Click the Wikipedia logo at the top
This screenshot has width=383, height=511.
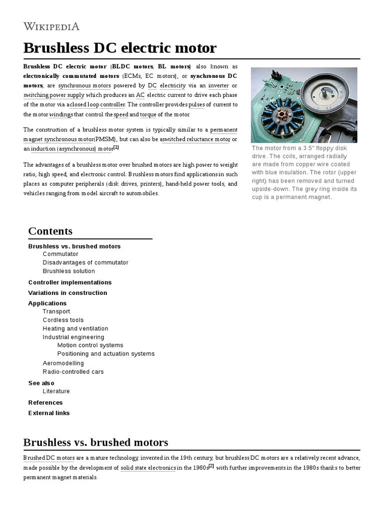click(x=51, y=26)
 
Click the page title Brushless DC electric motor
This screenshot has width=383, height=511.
click(x=120, y=48)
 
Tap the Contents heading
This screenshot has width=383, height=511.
click(x=50, y=231)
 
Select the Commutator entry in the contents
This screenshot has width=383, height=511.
click(x=60, y=254)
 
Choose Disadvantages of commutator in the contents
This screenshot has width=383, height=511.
click(x=85, y=262)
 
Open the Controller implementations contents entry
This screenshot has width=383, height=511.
click(x=70, y=282)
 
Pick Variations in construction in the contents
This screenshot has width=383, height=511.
click(x=68, y=293)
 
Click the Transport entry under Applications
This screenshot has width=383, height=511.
click(x=56, y=311)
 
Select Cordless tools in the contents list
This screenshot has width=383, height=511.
click(x=63, y=320)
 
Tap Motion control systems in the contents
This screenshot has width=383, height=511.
click(x=90, y=345)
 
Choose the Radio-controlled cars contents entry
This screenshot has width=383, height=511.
click(x=73, y=372)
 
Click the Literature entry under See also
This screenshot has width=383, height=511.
click(x=56, y=391)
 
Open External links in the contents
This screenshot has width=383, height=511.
click(x=49, y=413)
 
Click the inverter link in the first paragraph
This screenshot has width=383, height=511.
click(x=218, y=86)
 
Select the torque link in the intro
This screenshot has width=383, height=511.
click(x=148, y=114)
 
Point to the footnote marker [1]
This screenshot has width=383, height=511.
click(x=116, y=147)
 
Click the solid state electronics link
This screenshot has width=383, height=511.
click(x=148, y=468)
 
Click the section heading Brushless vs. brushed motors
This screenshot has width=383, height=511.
click(x=96, y=443)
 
